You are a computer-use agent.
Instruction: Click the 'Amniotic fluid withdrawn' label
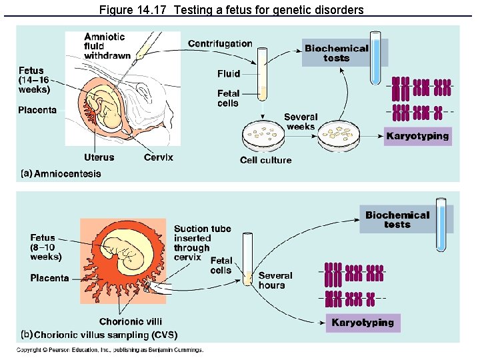tap(107, 46)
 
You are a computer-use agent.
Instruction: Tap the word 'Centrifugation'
tap(220, 44)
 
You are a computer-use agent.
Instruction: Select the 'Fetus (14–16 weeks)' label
tap(34, 80)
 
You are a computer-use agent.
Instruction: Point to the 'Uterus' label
tap(99, 157)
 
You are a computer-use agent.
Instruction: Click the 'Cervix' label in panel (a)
tap(158, 157)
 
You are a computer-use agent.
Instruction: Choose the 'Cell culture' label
tap(265, 160)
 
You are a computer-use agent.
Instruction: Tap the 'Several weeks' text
tap(301, 121)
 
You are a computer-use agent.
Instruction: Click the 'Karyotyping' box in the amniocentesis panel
tap(418, 137)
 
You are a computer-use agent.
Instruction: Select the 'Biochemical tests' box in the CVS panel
tap(397, 219)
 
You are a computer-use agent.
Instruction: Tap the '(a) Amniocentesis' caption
tap(61, 173)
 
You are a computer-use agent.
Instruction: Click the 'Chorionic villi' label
tap(131, 321)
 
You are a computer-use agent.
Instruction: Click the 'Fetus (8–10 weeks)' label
tap(46, 247)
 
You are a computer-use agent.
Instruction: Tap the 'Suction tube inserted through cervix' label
tap(202, 243)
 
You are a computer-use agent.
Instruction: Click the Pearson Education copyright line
tap(110, 350)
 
